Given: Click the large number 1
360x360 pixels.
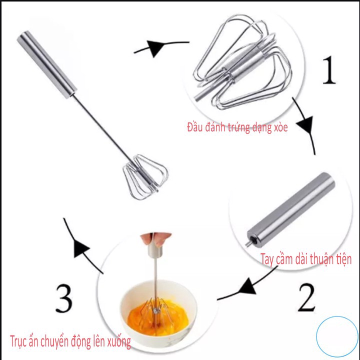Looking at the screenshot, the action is [329, 70].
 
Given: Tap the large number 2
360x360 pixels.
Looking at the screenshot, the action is [306, 297].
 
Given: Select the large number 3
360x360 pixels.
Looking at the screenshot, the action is [64, 298].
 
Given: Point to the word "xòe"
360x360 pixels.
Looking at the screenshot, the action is [280, 127].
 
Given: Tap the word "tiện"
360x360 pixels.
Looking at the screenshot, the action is [344, 259].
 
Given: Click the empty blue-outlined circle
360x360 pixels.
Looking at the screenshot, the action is [337, 336].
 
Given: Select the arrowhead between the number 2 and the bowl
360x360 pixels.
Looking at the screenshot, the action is [247, 286].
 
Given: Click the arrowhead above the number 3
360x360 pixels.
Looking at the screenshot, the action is [80, 248].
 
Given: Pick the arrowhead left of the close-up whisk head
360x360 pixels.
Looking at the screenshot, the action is [156, 48].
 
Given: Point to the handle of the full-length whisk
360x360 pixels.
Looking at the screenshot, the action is [46, 64].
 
